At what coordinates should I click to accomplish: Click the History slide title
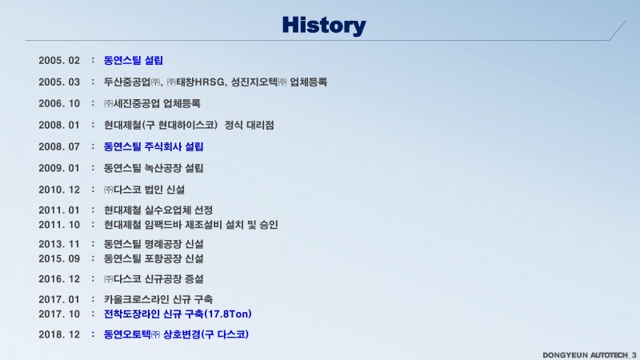[324, 26]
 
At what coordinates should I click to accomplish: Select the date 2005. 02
[59, 61]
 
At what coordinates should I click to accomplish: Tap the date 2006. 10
[59, 104]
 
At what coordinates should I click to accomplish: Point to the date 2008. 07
[59, 146]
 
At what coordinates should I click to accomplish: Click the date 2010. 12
[59, 190]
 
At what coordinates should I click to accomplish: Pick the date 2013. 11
[59, 244]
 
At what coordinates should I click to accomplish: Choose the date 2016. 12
[59, 279]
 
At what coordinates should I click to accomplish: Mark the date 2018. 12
[59, 334]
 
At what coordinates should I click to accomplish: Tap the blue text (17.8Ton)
[227, 314]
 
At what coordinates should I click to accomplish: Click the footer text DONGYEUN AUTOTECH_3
[589, 355]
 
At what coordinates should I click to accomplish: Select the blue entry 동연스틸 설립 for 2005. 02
[134, 61]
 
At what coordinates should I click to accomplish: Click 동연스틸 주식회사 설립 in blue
[154, 146]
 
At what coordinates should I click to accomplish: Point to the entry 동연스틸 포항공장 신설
[154, 258]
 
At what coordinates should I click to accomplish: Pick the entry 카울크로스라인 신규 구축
[158, 299]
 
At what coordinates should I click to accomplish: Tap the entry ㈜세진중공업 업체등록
[152, 104]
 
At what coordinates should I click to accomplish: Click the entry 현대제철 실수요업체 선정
[158, 210]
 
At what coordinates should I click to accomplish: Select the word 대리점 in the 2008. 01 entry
[261, 125]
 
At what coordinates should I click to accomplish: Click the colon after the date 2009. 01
[93, 168]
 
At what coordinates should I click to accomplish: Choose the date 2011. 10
[59, 225]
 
